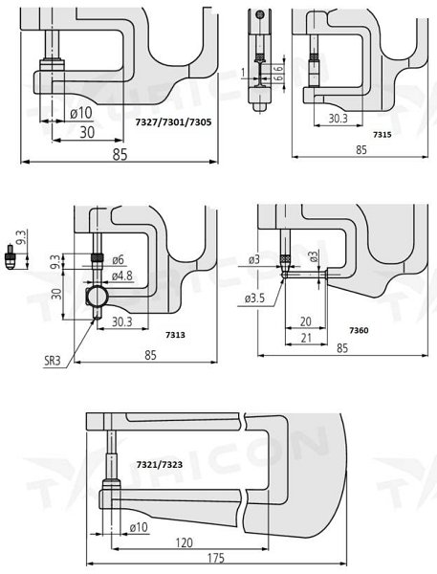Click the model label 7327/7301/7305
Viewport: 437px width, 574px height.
[171, 124]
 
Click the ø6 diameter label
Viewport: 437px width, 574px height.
[119, 260]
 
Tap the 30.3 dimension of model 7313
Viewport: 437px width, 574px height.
[121, 321]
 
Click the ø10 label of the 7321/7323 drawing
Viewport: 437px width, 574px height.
[138, 526]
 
